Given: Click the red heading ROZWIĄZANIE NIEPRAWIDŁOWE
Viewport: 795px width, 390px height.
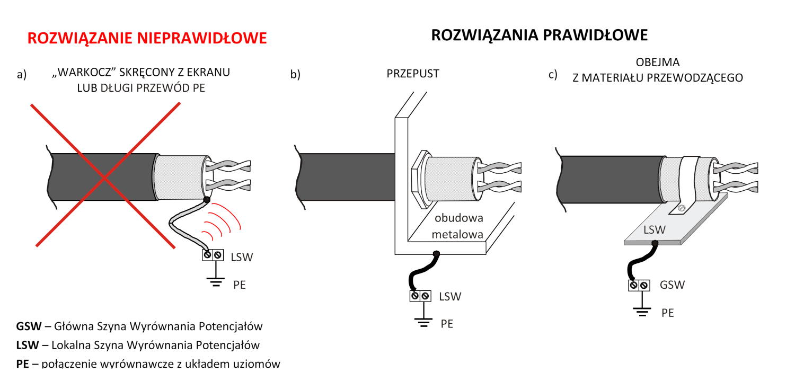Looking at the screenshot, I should pos(147,38).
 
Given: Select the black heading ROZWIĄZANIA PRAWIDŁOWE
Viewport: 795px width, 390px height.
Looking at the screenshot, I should pos(539,35).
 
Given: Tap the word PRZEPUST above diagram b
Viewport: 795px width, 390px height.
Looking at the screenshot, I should pos(413,74).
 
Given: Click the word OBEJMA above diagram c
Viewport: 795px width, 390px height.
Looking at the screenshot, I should pos(657,63).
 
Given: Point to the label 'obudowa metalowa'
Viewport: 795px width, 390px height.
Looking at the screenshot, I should pos(459,226).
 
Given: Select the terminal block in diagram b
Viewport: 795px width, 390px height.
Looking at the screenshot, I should pos(419,296).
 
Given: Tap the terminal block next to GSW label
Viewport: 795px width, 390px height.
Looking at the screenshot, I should pos(639,285).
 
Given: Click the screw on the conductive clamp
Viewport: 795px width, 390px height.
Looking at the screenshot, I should pos(683,208).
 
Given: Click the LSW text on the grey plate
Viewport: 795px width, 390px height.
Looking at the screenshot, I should pos(655,229).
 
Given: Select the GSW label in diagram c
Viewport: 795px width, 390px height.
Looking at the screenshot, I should pos(672,285).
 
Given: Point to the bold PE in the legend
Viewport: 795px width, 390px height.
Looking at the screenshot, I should pos(23,364).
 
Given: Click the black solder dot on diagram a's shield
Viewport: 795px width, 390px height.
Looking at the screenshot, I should pos(207,200).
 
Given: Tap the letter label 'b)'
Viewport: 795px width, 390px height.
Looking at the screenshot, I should pos(295,74).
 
